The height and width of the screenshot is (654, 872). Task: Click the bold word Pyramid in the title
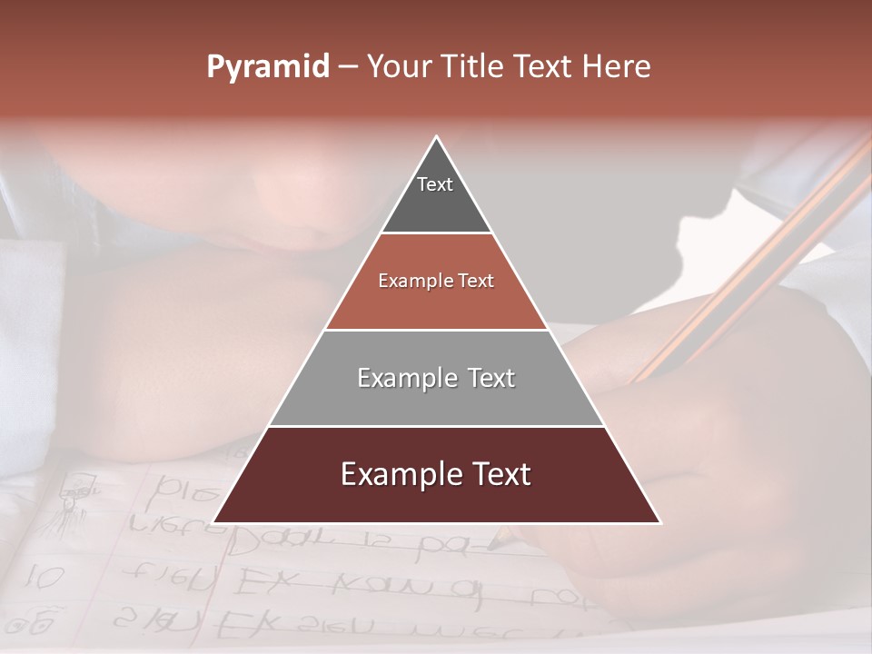pos(267,67)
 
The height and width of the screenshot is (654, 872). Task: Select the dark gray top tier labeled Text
pos(436,195)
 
